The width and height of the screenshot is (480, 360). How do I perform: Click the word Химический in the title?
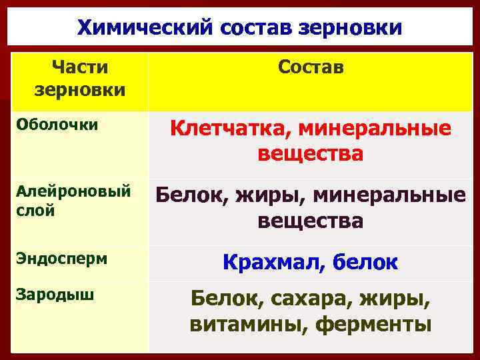tap(133, 28)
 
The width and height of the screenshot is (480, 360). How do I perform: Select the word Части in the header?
tap(79, 67)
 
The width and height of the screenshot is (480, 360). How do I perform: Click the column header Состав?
tap(311, 67)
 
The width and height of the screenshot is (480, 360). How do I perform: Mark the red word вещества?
tap(311, 154)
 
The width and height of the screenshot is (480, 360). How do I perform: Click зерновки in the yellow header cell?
tap(79, 89)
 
